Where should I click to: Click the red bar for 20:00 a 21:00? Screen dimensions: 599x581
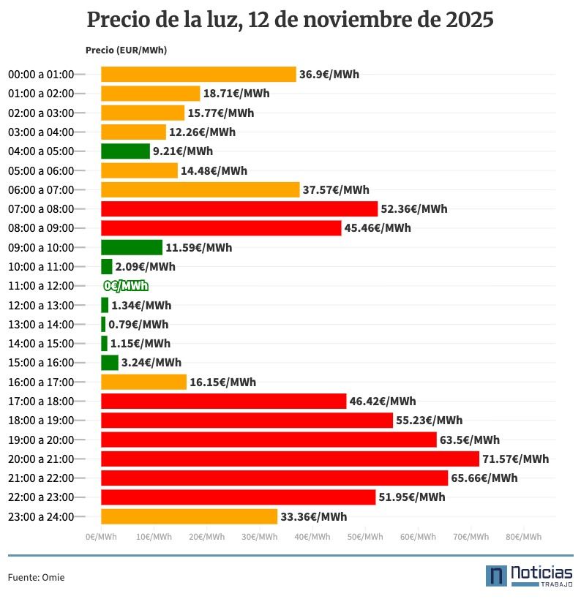[x=290, y=459]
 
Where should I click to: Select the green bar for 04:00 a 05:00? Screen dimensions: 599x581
[x=125, y=151]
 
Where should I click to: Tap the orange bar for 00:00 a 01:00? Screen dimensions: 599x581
[x=198, y=74]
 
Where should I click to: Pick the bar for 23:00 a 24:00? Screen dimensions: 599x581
[x=189, y=516]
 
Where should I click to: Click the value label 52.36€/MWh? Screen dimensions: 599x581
[x=414, y=209]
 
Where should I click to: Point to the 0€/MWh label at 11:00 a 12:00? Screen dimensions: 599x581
[x=126, y=286]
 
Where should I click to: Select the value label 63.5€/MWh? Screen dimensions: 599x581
[x=470, y=440]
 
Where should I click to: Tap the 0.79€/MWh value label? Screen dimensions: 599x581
[x=138, y=325]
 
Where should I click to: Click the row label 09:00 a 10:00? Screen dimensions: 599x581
[x=41, y=247]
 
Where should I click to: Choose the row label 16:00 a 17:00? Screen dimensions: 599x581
[x=41, y=382]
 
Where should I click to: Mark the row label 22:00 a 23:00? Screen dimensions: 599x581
[x=41, y=497]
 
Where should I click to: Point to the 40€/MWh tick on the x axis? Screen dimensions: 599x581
[x=312, y=537]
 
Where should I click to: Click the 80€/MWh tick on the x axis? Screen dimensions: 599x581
[x=524, y=537]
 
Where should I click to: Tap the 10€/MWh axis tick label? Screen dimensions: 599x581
[x=154, y=537]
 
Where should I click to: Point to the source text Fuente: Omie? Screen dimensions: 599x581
[x=36, y=578]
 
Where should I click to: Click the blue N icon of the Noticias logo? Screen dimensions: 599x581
[x=496, y=576]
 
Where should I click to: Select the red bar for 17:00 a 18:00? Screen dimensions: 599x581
[x=223, y=401]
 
